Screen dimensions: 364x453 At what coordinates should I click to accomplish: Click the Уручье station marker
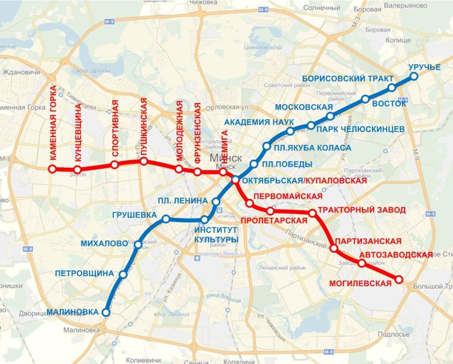[x=414, y=77]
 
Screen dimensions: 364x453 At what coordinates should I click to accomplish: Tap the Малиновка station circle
[x=106, y=312]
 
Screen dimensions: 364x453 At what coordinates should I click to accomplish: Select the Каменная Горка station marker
[x=52, y=169]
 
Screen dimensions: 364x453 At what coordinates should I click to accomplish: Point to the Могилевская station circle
[x=399, y=279]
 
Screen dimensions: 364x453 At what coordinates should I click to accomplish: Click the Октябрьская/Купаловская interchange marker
[x=236, y=180]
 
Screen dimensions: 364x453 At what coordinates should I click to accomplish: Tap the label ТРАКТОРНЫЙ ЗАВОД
[x=361, y=210]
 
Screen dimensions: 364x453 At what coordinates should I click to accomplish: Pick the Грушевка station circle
[x=166, y=219]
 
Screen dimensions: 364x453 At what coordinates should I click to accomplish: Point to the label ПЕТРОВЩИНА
[x=84, y=273]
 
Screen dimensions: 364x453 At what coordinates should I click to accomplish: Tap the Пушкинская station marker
[x=144, y=161]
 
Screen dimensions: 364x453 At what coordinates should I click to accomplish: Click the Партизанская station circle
[x=334, y=249]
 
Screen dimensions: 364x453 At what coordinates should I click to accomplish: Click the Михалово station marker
[x=138, y=245]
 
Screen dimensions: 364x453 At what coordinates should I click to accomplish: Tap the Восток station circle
[x=392, y=87]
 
